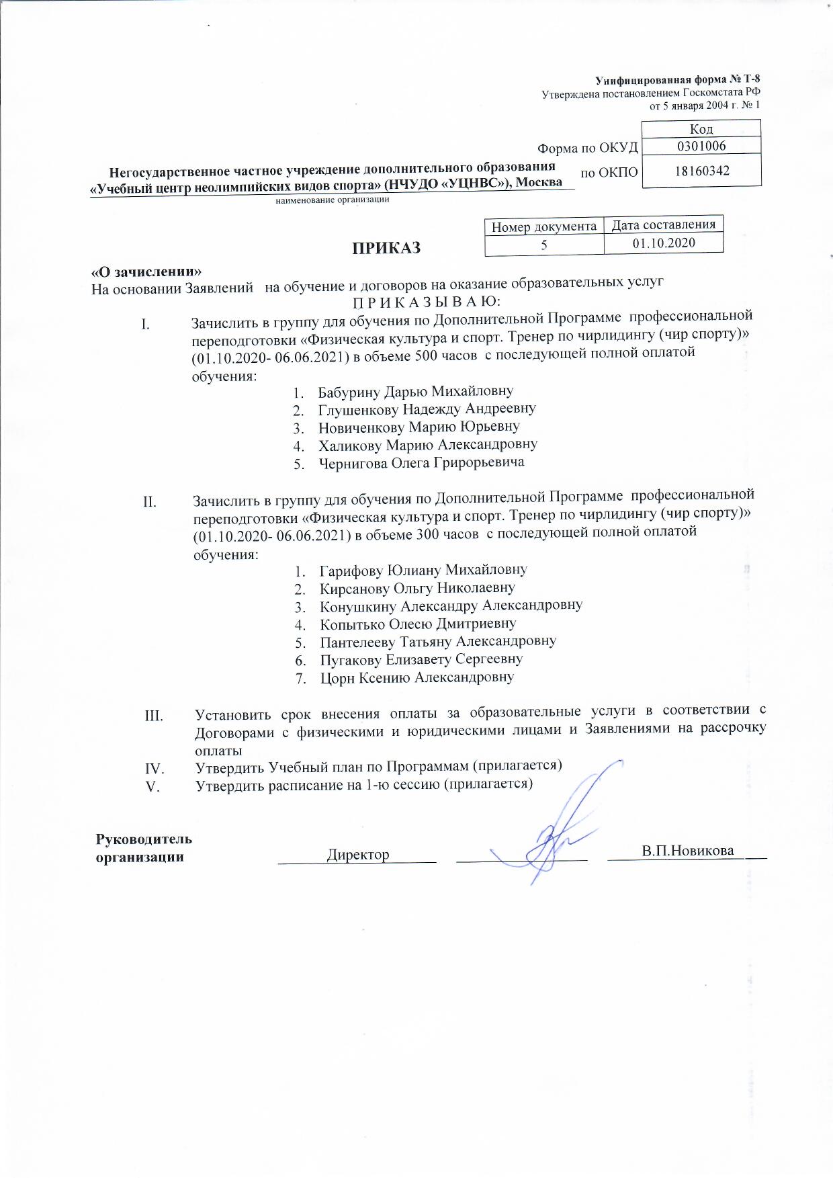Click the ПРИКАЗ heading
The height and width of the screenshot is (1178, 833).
(x=387, y=248)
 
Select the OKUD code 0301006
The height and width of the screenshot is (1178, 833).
(x=701, y=145)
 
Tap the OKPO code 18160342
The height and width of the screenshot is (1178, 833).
(x=701, y=171)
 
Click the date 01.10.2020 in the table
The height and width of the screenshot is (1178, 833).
(x=663, y=243)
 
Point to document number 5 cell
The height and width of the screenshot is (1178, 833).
(x=544, y=245)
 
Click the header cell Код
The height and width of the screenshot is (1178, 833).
(x=701, y=128)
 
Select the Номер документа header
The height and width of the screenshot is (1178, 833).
(x=544, y=227)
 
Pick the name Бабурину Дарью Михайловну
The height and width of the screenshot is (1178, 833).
(x=416, y=391)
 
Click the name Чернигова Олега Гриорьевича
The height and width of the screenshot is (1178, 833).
(x=421, y=462)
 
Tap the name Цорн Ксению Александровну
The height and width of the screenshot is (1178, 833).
(x=416, y=677)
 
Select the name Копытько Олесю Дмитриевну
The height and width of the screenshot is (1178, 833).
(x=418, y=623)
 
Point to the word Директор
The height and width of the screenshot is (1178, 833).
(x=358, y=855)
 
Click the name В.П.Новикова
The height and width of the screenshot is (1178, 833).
(x=687, y=851)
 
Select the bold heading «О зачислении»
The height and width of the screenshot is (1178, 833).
(x=146, y=272)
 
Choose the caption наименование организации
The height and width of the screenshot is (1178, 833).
(x=333, y=200)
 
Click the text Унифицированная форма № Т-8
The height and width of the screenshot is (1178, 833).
(x=678, y=80)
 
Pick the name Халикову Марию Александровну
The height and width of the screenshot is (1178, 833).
(x=428, y=445)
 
